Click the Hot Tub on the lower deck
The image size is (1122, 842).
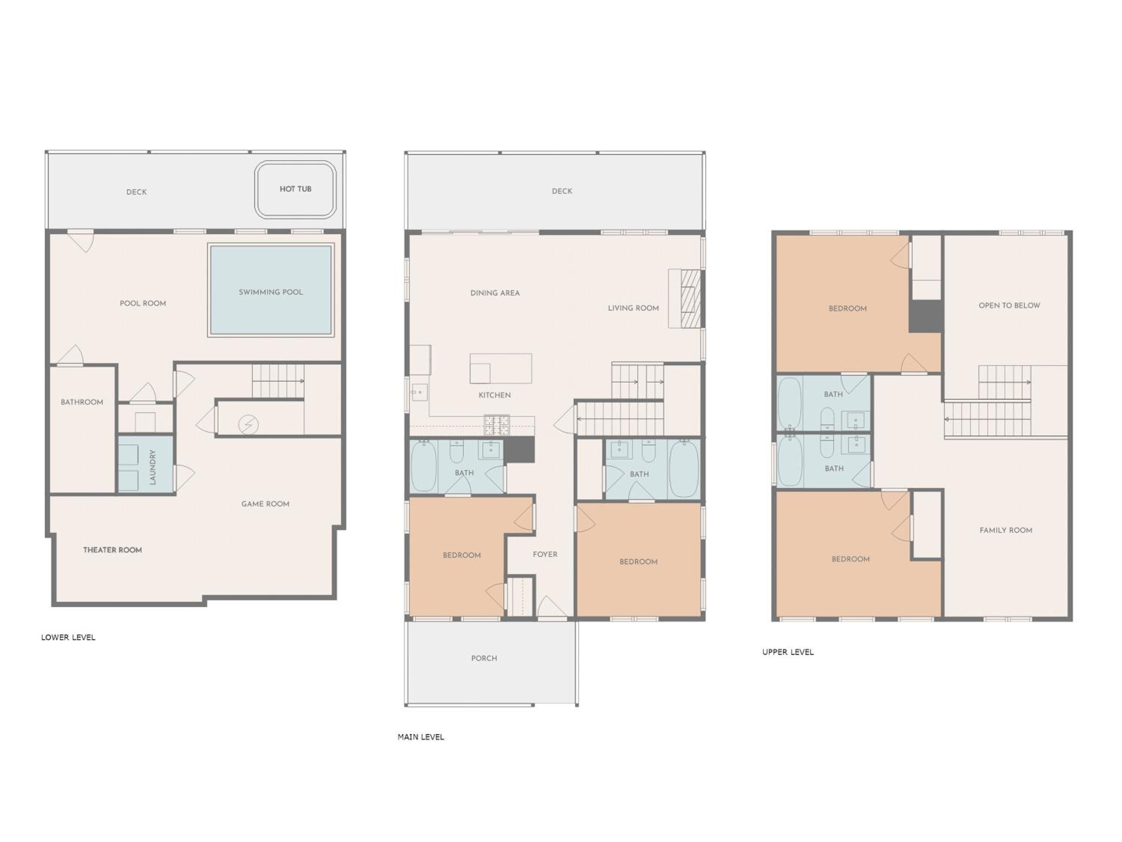click(295, 189)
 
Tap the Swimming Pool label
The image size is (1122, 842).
click(271, 292)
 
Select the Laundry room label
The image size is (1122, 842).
click(153, 467)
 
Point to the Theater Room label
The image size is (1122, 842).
click(113, 550)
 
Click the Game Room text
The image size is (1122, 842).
click(265, 504)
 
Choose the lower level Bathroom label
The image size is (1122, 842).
click(82, 402)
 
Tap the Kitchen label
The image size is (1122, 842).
click(494, 395)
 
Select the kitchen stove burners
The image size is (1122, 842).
click(497, 425)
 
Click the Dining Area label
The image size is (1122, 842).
click(495, 293)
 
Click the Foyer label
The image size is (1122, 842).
click(545, 554)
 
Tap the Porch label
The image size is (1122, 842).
click(484, 658)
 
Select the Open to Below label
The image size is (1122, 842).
click(1009, 305)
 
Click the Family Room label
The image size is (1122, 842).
click(1006, 530)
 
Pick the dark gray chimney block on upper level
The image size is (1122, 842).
click(925, 317)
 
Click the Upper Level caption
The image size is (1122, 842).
click(788, 652)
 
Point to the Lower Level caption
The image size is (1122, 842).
click(68, 637)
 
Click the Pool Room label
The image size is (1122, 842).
click(143, 303)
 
